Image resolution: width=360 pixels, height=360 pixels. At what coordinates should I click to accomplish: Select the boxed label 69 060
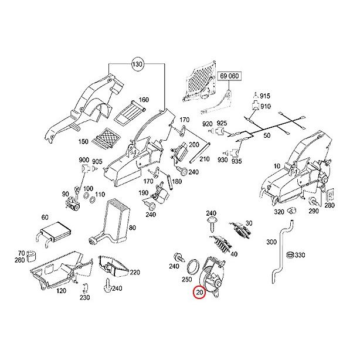(x=230, y=77)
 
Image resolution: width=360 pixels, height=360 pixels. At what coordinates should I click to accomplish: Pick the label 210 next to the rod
(x=204, y=159)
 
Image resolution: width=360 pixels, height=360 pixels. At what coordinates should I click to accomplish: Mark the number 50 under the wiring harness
(x=267, y=135)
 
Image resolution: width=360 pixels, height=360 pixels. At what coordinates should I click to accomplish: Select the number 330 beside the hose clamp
(x=300, y=255)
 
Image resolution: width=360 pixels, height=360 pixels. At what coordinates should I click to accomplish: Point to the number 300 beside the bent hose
(x=271, y=242)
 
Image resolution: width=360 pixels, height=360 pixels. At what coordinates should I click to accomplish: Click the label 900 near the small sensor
(x=84, y=159)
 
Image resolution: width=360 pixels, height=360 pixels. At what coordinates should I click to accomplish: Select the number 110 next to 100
(x=100, y=195)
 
